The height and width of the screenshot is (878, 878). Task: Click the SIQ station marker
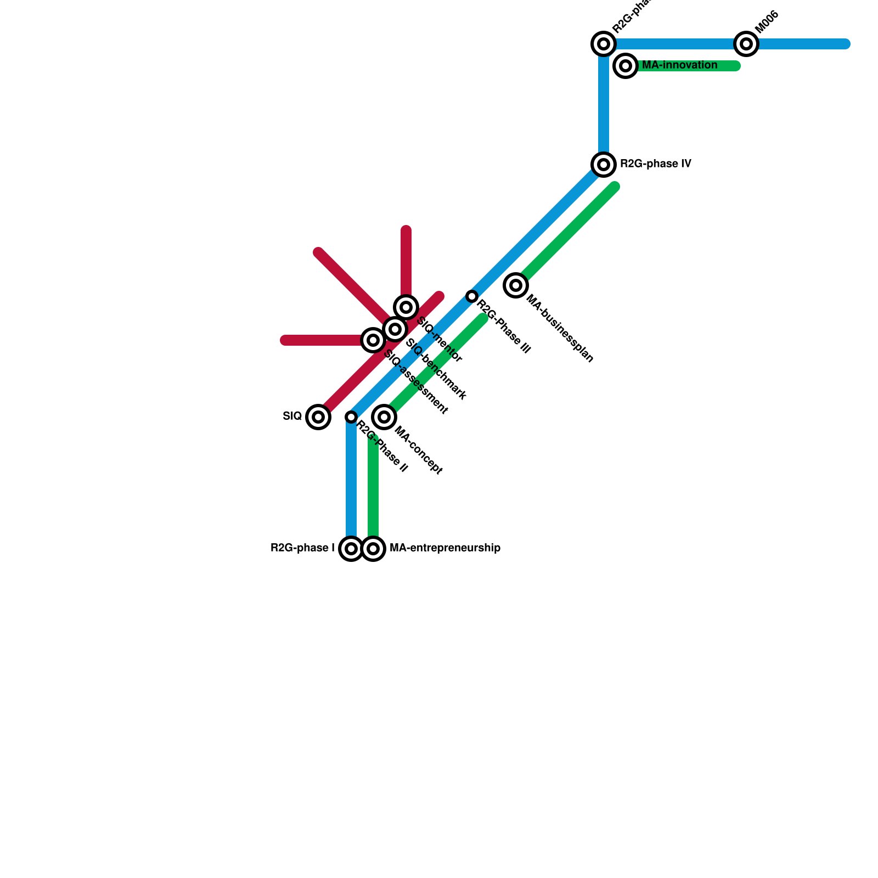pos(318,417)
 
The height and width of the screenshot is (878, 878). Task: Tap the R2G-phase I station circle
pos(351,548)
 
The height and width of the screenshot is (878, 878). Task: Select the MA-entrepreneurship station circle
pos(373,548)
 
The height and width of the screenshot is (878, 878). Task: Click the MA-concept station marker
pos(384,417)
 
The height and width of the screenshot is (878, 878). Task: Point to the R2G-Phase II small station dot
pos(351,417)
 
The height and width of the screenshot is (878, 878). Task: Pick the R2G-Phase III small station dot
pos(472,296)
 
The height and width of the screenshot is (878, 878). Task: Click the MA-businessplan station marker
pos(516,285)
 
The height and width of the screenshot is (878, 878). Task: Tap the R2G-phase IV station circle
pos(604,164)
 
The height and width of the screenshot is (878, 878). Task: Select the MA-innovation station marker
pos(626,66)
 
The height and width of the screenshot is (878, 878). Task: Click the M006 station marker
pos(746,44)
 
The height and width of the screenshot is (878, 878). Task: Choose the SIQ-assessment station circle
pos(373,340)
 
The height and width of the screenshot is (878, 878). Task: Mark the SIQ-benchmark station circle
pos(395,329)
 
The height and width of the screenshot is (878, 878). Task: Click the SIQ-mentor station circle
pos(406,307)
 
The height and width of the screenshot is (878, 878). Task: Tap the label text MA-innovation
pos(679,65)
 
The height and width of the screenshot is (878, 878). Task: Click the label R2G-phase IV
pos(655,164)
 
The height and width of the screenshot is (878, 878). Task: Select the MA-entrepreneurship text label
pos(444,548)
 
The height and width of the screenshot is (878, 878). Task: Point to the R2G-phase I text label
pos(302,548)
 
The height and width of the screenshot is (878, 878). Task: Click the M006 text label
pos(767,22)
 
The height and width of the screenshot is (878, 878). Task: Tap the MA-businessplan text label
pos(560,328)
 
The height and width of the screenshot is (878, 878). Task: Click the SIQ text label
pos(292,416)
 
